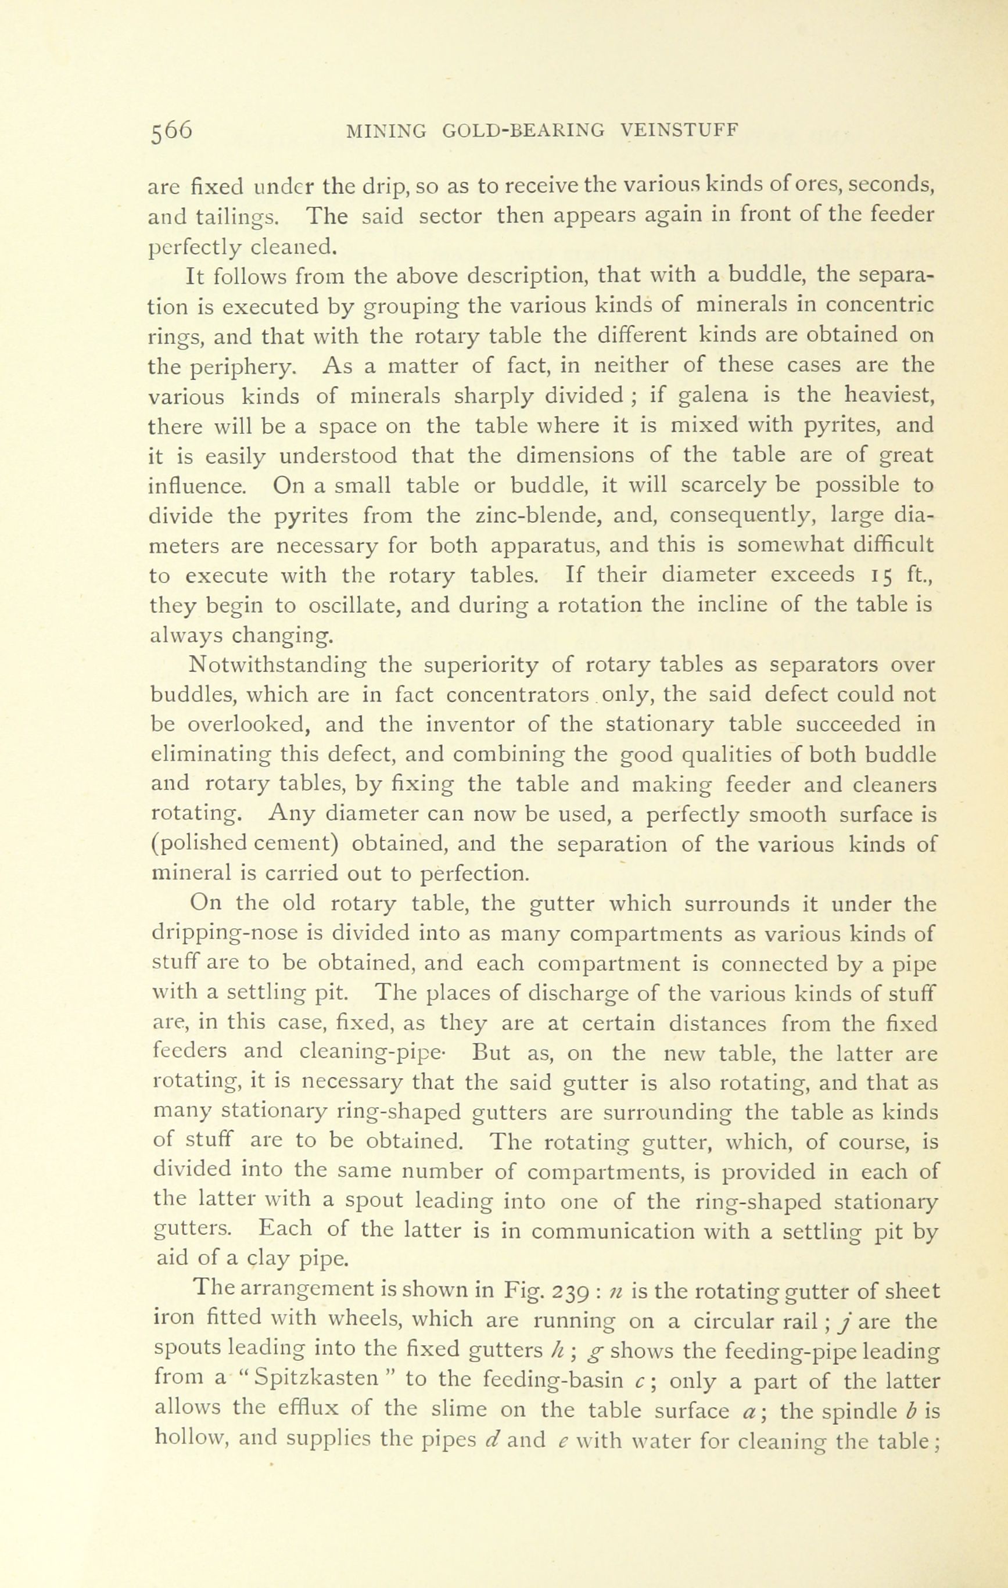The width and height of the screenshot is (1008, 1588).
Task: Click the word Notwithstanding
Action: click(277, 666)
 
